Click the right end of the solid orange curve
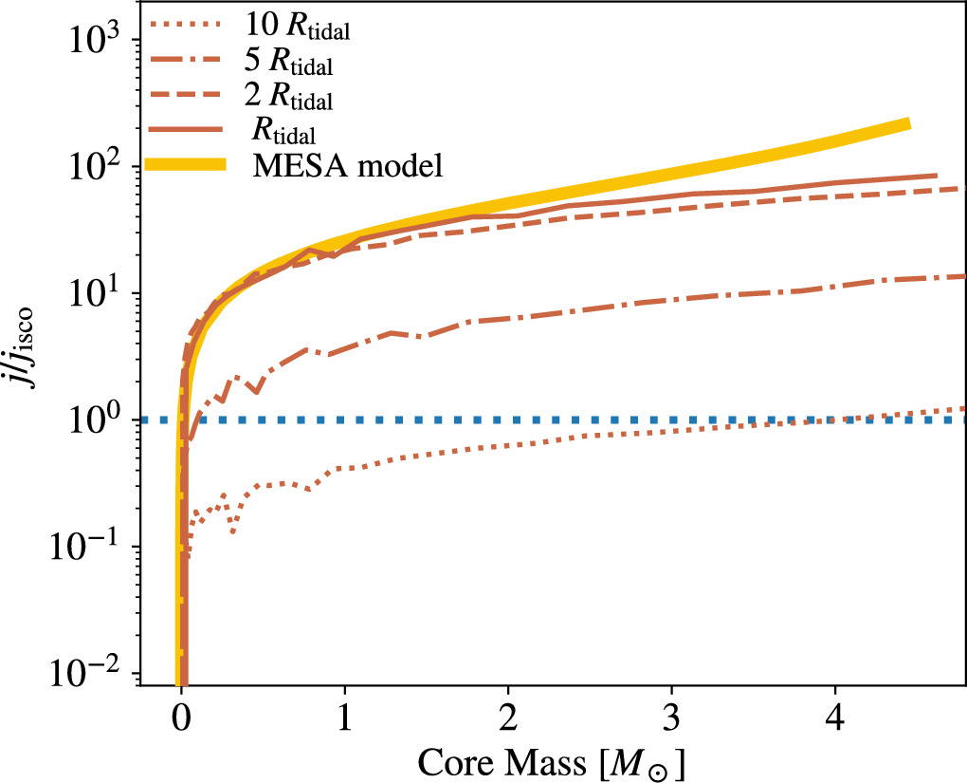click(936, 176)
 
